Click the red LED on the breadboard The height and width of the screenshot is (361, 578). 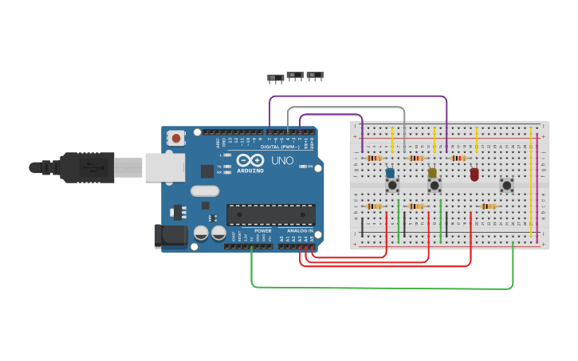pos(474,174)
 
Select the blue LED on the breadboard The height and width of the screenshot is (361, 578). pos(390,173)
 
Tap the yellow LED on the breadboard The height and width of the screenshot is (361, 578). pos(432,173)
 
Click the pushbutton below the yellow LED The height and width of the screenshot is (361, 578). pos(434,186)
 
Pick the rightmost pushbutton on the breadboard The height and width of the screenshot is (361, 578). pos(506,185)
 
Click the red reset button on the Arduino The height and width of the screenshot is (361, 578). pos(176,138)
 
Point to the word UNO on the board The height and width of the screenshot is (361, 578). pos(284,161)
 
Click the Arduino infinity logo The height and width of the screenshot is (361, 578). pos(250,160)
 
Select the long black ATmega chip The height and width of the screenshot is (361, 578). pos(270,214)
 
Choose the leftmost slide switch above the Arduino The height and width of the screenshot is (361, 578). pos(275,78)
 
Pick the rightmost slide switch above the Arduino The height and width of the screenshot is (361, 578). pos(315,76)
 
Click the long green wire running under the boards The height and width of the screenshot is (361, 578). pos(383,287)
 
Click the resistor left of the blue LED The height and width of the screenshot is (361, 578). pos(373,158)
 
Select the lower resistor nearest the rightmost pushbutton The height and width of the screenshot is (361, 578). pos(487,206)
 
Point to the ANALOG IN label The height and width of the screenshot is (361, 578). pos(300,231)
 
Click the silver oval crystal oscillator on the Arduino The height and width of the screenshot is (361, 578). pos(205,190)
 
